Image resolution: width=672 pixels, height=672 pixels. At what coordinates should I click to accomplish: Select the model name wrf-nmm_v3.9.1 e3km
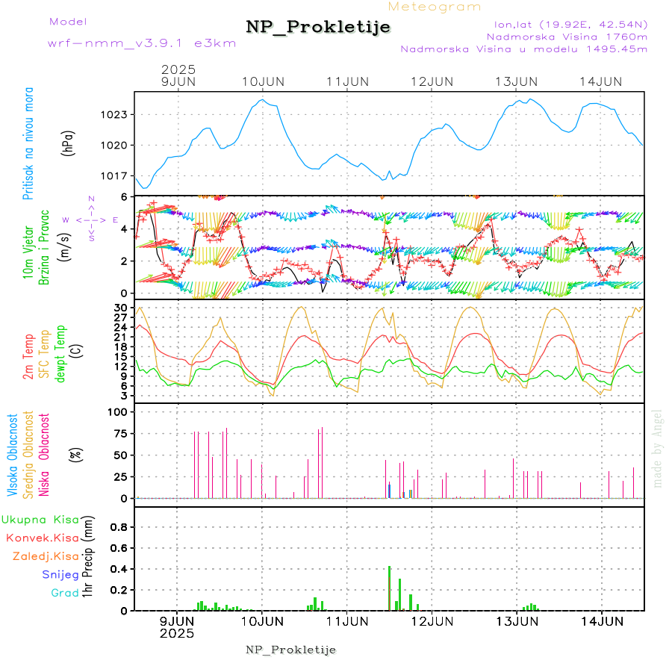[x=142, y=43]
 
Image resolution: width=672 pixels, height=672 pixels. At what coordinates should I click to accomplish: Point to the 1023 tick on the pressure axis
[x=114, y=115]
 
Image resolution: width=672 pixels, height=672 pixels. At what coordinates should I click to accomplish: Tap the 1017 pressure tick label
[x=114, y=176]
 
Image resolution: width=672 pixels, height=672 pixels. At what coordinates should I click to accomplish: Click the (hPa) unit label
[x=68, y=143]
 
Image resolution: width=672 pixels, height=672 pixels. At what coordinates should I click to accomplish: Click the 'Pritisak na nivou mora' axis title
[x=28, y=143]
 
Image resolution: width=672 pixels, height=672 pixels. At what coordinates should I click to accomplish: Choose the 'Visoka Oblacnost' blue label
[x=13, y=455]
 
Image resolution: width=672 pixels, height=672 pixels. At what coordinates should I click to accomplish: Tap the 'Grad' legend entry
[x=64, y=594]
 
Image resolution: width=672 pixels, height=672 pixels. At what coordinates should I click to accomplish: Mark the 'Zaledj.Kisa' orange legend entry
[x=46, y=556]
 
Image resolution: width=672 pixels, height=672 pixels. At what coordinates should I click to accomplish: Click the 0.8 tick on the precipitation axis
[x=119, y=527]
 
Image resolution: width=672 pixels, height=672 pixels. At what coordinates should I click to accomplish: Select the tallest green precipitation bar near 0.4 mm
[x=390, y=588]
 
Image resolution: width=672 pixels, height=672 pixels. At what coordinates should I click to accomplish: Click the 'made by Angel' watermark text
[x=658, y=448]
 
